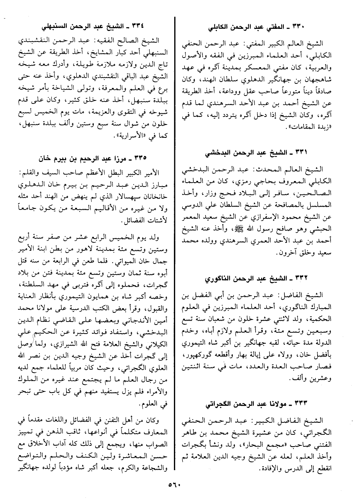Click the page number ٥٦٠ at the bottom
tap(174, 485)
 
